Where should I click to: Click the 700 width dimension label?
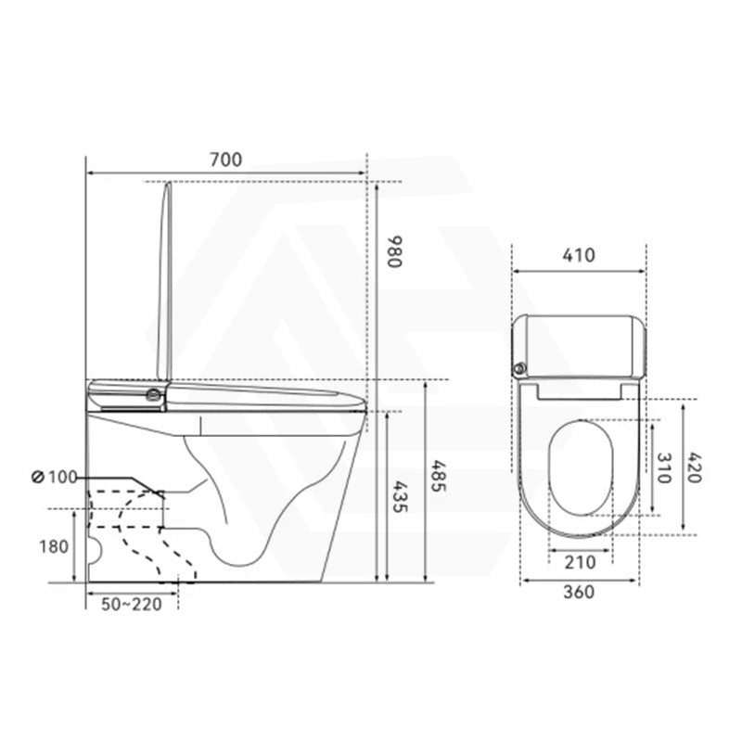click(225, 160)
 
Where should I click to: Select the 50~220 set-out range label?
click(131, 605)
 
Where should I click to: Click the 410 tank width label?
click(580, 256)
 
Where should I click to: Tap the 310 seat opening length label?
click(665, 467)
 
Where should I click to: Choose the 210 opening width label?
click(580, 561)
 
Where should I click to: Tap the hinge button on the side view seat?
click(149, 394)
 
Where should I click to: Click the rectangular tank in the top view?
click(580, 343)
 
